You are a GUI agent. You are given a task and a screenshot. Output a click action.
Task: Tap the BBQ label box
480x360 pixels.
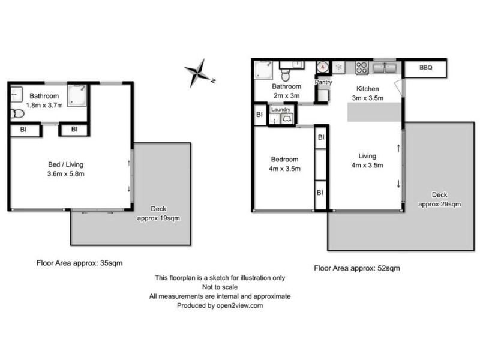click(425, 68)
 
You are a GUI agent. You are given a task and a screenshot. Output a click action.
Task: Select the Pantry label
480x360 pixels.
click(323, 82)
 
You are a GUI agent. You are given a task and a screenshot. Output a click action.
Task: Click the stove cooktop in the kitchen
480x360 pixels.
click(362, 67)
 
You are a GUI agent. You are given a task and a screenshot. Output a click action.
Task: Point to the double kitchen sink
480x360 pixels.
click(384, 68)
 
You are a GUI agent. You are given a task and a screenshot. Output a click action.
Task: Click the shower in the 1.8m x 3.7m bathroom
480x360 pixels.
click(76, 95)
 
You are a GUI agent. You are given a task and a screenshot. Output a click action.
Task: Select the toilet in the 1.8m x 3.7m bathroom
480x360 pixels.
click(17, 113)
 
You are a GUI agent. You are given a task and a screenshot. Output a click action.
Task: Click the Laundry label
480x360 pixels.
click(281, 109)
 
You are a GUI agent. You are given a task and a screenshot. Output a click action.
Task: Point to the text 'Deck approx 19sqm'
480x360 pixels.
click(158, 213)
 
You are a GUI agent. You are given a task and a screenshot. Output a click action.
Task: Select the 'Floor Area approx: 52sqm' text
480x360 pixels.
click(356, 268)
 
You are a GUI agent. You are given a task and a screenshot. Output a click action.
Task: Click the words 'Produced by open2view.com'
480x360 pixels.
click(220, 305)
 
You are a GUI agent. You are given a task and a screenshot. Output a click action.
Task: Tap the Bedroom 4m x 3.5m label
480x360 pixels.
click(284, 164)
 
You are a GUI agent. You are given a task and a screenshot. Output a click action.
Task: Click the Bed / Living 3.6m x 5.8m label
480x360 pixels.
click(70, 169)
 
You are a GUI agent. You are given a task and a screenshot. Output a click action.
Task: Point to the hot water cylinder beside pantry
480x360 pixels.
click(323, 68)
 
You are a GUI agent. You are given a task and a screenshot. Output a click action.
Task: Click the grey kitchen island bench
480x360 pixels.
click(374, 112)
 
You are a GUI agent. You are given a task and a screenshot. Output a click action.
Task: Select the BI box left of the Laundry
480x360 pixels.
click(260, 114)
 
